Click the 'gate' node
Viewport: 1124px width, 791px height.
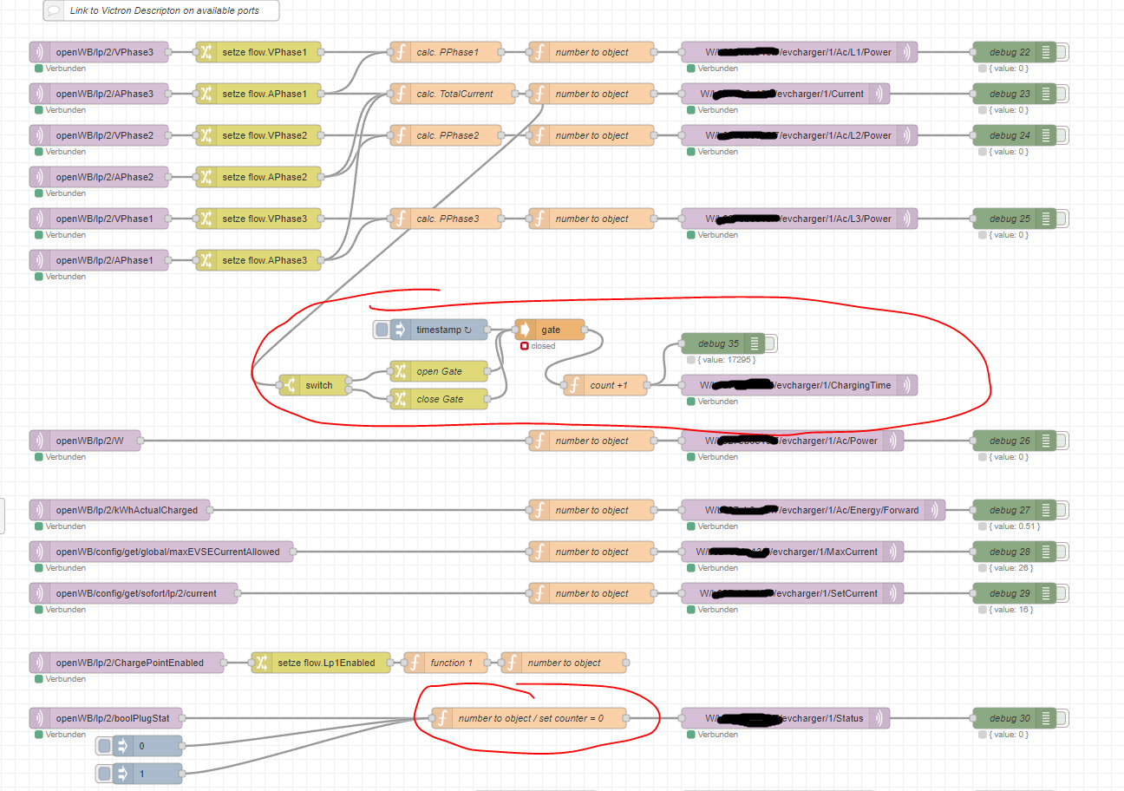pos(550,330)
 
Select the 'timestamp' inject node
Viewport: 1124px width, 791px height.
pos(437,330)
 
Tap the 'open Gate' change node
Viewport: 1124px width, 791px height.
pos(439,371)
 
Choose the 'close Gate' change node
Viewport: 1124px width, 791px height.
pos(439,399)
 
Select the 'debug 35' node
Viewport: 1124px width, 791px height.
pos(719,343)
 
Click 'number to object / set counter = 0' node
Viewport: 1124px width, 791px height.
pos(529,718)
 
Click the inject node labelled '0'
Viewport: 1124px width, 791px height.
pos(147,746)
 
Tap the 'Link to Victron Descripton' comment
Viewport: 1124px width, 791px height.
pos(161,10)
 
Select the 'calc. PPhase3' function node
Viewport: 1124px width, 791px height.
pos(446,219)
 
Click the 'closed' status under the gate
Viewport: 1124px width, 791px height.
pos(543,346)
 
